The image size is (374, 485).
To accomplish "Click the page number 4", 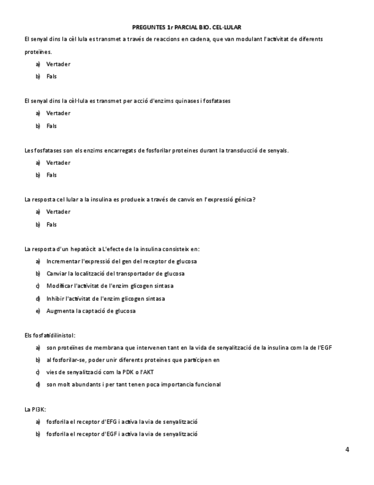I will (x=347, y=449).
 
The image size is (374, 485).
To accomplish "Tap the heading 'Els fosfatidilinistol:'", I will (x=50, y=335).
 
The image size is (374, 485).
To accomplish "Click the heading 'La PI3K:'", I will (x=35, y=410).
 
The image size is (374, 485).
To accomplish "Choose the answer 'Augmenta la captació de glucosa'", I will (x=91, y=311).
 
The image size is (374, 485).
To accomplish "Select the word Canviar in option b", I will (x=57, y=273).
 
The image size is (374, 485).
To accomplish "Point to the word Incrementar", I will (x=63, y=261).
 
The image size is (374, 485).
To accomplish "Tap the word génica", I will (x=242, y=200).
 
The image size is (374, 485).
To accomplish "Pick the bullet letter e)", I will (x=38, y=311).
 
